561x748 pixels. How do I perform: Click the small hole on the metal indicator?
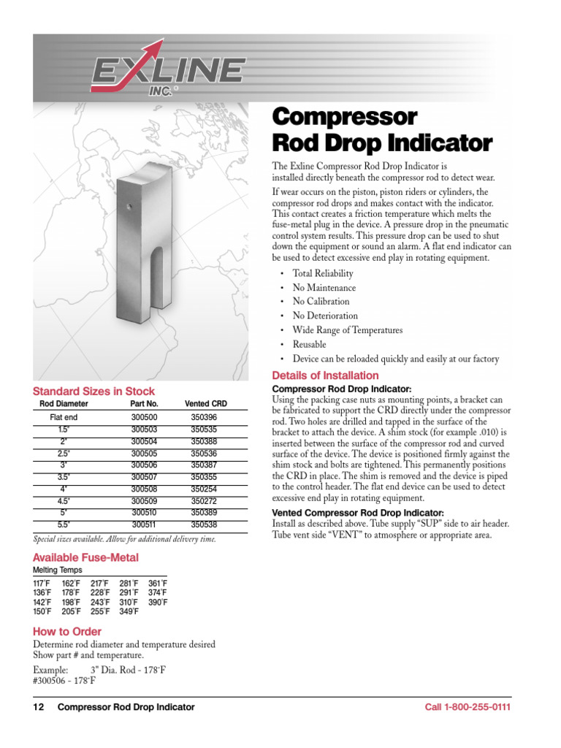129,207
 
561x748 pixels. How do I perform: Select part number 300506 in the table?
144,465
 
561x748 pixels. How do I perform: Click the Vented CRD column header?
206,404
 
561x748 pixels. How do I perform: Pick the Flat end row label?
64,416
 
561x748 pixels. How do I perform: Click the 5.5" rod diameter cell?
64,524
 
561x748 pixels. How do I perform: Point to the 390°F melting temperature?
158,602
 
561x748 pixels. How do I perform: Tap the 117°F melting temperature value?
42,583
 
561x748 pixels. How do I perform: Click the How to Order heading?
67,631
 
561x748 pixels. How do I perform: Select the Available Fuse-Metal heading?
85,558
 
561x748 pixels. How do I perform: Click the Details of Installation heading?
325,375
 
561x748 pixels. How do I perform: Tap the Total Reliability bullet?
322,273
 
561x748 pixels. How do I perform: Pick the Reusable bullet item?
309,344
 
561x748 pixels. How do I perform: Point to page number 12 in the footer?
39,707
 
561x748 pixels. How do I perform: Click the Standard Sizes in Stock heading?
93,392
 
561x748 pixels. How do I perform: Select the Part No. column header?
144,404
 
